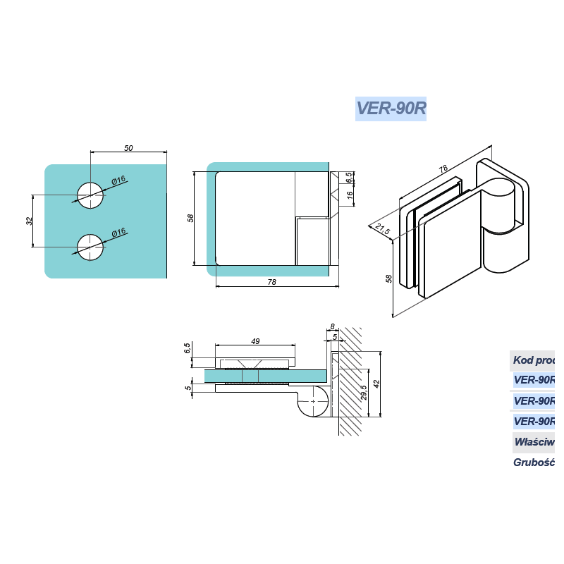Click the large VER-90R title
point(391,109)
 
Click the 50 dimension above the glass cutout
point(128,148)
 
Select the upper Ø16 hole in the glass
point(90,195)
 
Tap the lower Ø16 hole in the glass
point(90,247)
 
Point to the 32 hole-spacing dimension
point(29,221)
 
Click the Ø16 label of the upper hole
point(118,180)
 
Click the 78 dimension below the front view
point(272,282)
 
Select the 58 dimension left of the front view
point(190,218)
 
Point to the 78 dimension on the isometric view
point(443,169)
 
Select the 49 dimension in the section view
point(255,341)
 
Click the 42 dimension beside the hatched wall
point(377,384)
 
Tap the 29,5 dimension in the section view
point(364,392)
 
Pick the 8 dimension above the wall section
point(332,326)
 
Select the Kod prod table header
point(533,361)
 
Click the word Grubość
point(534,462)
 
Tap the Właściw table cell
point(534,442)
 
